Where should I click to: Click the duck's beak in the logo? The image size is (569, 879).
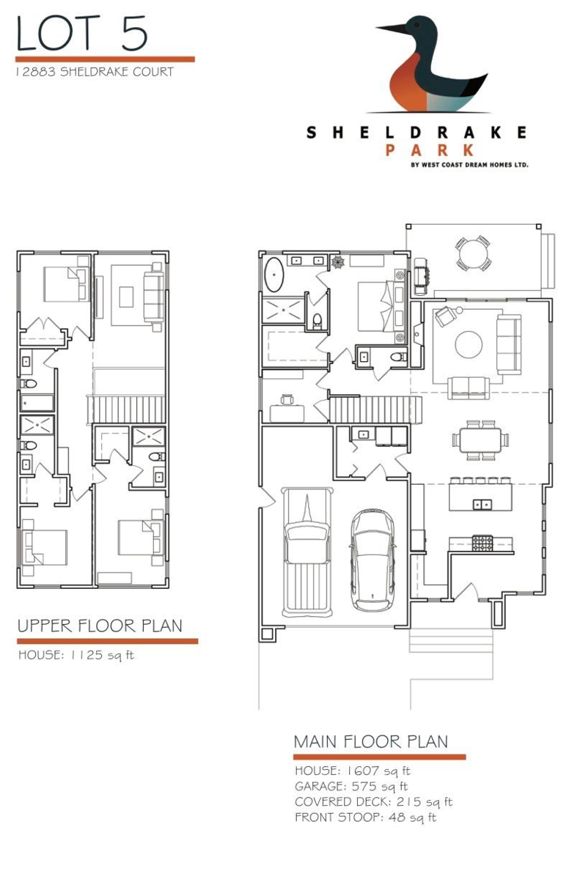392,29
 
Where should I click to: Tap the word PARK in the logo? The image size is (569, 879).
430,150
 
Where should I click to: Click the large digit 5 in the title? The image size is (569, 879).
134,34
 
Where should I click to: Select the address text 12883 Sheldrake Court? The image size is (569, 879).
95,72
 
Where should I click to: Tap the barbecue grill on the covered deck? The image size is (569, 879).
421,276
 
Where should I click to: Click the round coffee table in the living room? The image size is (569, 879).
469,344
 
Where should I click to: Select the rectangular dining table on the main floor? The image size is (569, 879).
480,440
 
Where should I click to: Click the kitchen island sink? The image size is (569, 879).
482,504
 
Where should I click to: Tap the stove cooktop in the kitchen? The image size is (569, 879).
482,544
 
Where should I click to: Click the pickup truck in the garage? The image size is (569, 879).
307,552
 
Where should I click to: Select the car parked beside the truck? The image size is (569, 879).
372,560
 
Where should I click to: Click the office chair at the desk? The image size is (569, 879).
287,400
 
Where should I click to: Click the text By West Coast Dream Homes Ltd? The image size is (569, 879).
469,165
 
